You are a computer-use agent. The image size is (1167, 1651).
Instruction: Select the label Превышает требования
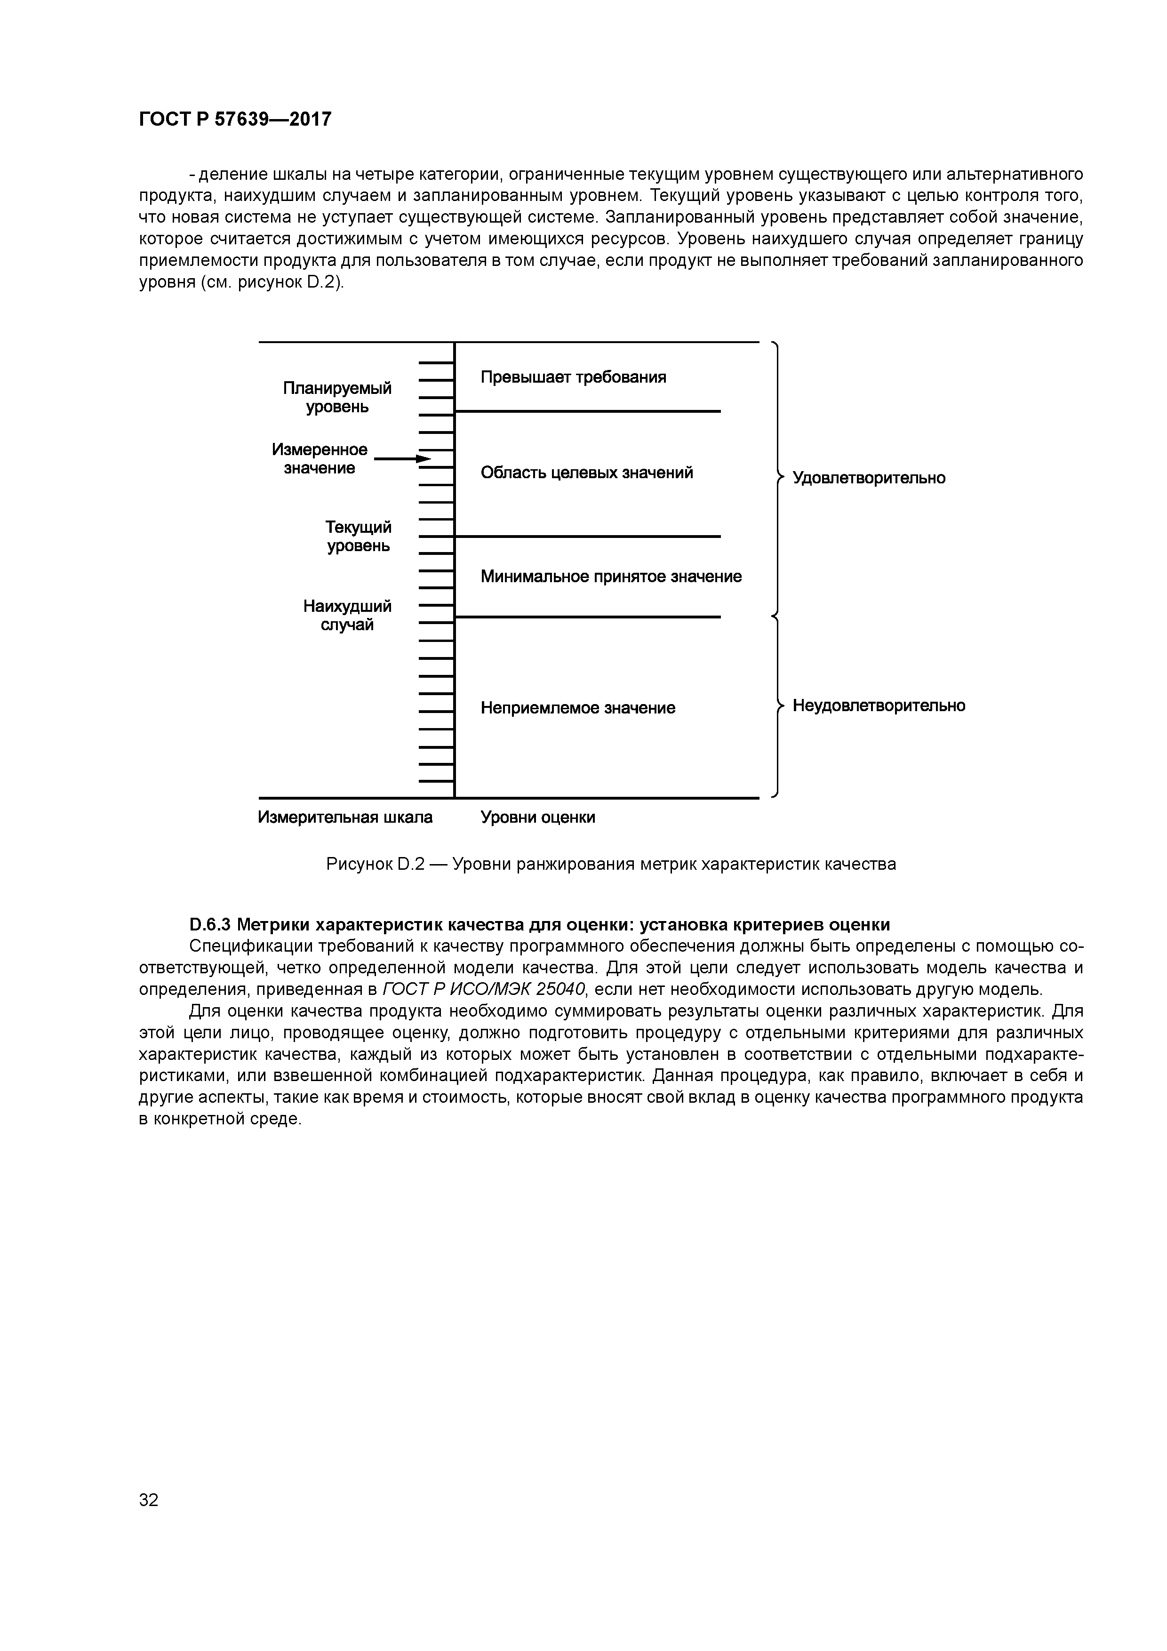[x=573, y=377]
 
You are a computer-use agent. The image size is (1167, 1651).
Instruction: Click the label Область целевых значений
[x=587, y=473]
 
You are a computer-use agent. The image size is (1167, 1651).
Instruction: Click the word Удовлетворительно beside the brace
[x=869, y=478]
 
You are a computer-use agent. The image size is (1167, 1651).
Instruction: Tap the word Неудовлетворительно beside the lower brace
[x=879, y=705]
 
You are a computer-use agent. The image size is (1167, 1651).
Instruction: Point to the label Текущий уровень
[x=359, y=537]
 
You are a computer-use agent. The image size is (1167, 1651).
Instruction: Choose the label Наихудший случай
[x=347, y=616]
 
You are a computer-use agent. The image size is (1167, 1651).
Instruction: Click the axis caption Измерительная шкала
[x=345, y=817]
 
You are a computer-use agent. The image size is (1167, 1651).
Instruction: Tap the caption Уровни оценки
[x=538, y=817]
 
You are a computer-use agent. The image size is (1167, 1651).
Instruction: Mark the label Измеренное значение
[x=319, y=459]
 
